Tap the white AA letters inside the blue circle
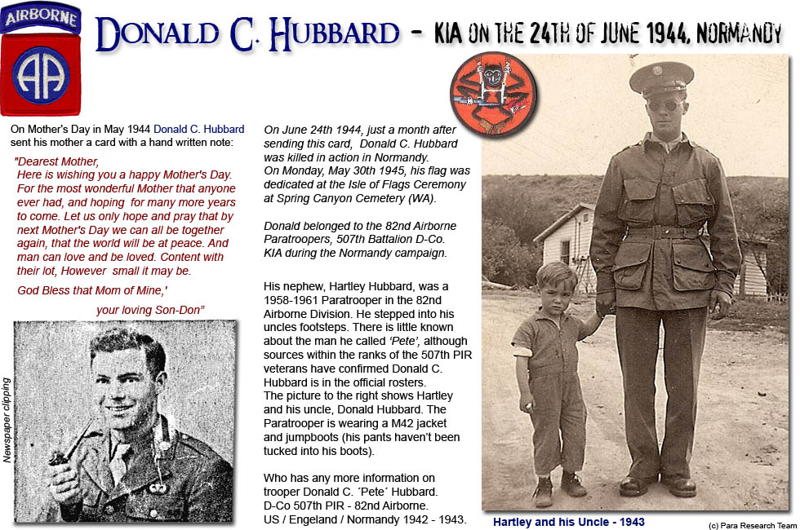(41, 74)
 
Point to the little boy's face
(558, 292)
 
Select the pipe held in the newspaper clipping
(62, 457)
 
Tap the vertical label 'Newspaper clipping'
(7, 420)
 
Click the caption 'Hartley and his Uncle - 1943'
(568, 521)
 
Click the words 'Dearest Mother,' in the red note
(58, 161)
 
